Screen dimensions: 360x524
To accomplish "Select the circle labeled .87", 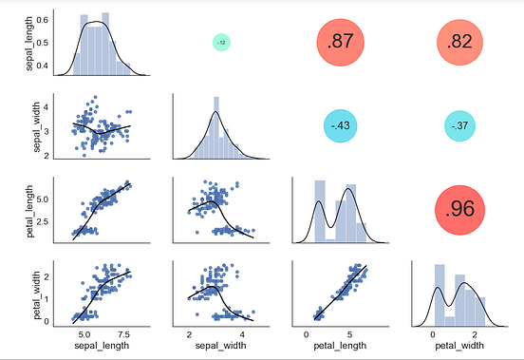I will tap(340, 43).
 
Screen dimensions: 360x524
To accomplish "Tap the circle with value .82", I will tap(459, 43).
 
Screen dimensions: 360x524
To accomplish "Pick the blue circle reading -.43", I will tap(340, 125).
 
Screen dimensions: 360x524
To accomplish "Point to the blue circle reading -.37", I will tap(459, 125).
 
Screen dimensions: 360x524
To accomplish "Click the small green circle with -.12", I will tap(220, 43).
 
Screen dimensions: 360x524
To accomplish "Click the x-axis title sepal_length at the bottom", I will tap(102, 349).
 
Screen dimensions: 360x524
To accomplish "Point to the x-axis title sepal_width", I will tap(221, 349).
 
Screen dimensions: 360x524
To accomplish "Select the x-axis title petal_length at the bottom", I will tap(340, 349).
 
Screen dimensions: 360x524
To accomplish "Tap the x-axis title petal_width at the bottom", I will tap(459, 349).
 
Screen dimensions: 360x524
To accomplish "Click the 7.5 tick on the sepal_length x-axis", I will tap(124, 335).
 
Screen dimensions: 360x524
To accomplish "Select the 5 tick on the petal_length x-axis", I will tap(349, 335).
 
